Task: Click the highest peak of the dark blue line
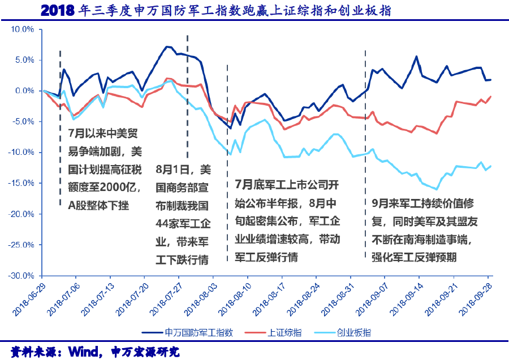[167, 46]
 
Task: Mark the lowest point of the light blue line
[437, 189]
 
